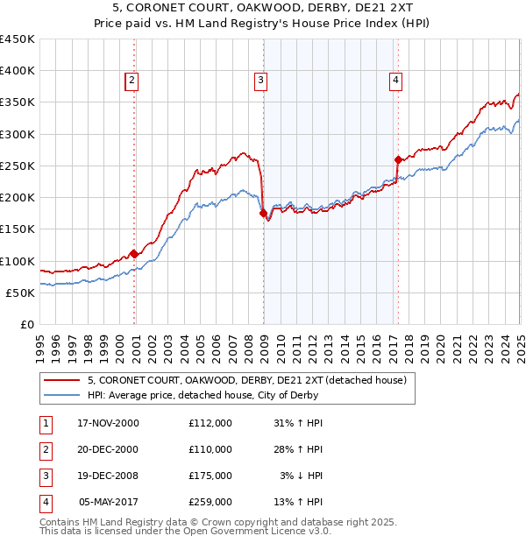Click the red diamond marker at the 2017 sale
(x=398, y=159)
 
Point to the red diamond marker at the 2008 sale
(x=263, y=213)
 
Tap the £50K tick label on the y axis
(x=21, y=293)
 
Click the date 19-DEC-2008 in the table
(x=109, y=476)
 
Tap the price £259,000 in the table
(x=210, y=502)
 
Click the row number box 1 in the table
(x=45, y=423)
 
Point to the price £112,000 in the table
(x=210, y=423)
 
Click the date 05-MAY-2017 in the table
(x=109, y=502)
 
